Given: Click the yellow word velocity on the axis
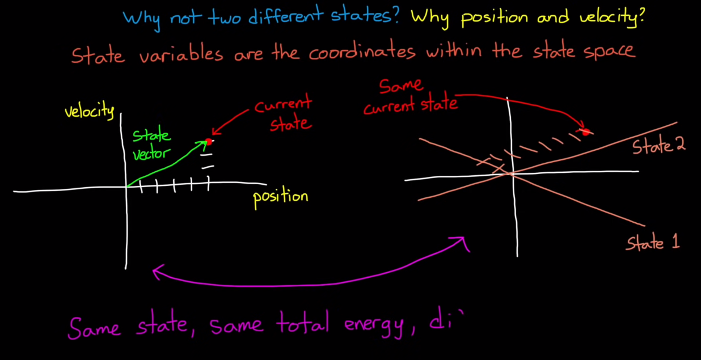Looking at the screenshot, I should [90, 111].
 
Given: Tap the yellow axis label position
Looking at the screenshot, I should [280, 197].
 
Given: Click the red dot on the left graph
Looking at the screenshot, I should [208, 142].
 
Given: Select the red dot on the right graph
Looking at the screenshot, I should [586, 132].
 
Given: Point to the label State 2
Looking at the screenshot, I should [659, 146].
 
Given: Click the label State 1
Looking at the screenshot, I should [653, 243].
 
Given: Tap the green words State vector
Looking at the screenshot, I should [151, 145].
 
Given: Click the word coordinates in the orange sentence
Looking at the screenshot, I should [362, 53].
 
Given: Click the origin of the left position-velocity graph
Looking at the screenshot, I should [126, 187].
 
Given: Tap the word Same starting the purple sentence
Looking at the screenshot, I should [94, 326].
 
